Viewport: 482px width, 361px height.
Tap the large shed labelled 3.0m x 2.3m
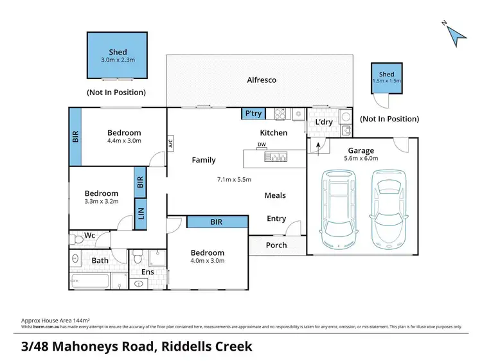pos(118,56)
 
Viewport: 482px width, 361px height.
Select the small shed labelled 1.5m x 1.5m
pos(386,78)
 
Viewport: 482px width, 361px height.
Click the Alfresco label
pos(262,80)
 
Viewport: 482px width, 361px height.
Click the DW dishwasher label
pos(262,145)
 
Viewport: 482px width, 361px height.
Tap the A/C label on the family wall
pos(171,143)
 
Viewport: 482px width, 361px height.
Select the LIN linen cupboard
pos(140,213)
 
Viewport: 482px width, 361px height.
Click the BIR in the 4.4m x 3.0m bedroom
pos(76,137)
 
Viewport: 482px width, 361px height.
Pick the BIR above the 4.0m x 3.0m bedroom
pos(217,222)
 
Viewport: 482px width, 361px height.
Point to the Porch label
pos(276,245)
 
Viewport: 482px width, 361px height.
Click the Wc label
pos(90,236)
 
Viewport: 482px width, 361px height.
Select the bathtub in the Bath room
pos(90,281)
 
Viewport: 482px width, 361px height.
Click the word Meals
pos(275,195)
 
